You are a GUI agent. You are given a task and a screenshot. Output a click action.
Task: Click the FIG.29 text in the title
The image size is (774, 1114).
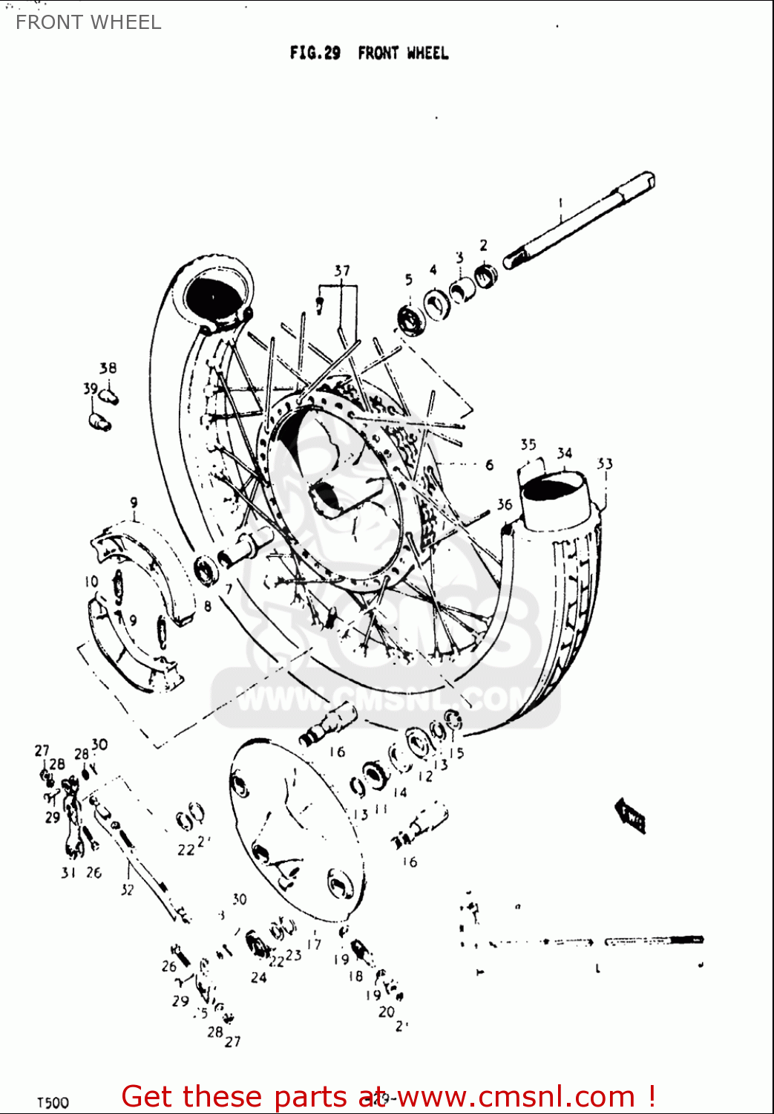(x=315, y=53)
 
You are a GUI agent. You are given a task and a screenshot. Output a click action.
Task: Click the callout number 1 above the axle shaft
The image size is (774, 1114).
(x=560, y=203)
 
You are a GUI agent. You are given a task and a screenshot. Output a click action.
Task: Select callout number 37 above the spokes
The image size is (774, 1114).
(x=341, y=270)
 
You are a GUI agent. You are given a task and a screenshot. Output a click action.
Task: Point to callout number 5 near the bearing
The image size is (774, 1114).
(x=408, y=280)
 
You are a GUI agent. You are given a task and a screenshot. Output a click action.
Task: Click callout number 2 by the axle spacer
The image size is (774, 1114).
(x=484, y=245)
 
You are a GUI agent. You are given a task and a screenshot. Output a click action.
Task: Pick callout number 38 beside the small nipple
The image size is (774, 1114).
(x=108, y=368)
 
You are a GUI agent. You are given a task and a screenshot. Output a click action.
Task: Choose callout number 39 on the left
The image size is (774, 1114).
(x=90, y=388)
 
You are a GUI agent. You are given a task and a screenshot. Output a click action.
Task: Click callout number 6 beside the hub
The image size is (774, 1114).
(x=489, y=465)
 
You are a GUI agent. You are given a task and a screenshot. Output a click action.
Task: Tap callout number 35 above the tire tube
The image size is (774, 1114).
(x=528, y=444)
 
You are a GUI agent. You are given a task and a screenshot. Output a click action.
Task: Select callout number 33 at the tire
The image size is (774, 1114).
(x=605, y=463)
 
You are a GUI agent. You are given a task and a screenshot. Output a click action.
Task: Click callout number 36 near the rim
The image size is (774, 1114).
(x=505, y=504)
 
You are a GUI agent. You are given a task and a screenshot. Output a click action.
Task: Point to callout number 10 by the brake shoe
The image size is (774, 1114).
(x=91, y=581)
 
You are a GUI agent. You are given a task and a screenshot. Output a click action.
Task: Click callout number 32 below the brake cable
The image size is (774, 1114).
(x=127, y=889)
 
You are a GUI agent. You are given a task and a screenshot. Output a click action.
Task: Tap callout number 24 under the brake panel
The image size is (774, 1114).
(x=258, y=977)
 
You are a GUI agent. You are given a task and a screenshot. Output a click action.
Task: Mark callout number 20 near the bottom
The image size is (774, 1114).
(x=387, y=1012)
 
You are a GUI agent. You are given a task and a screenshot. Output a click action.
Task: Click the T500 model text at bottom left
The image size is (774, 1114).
(x=53, y=1103)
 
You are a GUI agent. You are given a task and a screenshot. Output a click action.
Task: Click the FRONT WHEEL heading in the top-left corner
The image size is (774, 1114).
(x=88, y=22)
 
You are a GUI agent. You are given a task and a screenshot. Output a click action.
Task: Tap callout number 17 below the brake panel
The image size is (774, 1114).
(x=315, y=944)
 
